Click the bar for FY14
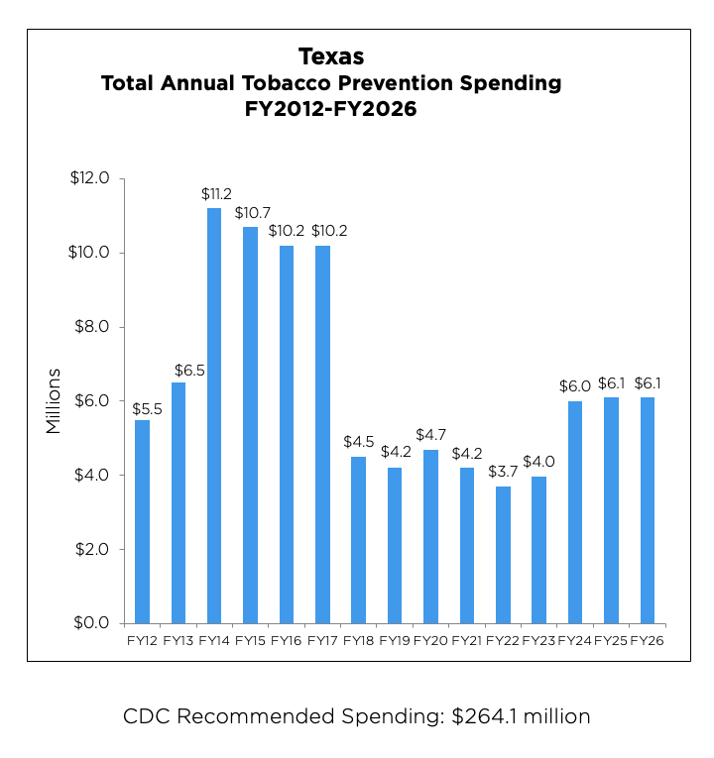point(214,415)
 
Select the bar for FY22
point(503,555)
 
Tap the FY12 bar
point(142,521)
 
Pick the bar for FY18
point(358,540)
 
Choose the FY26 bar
point(648,510)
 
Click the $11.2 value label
point(214,195)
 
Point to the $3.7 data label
point(503,473)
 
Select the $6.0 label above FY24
point(575,387)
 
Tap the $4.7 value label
point(430,435)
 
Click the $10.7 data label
point(251,213)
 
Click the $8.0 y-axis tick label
point(96,327)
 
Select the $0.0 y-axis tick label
point(96,623)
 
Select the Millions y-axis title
point(54,401)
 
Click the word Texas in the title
point(331,56)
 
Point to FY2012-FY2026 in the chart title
point(331,110)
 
